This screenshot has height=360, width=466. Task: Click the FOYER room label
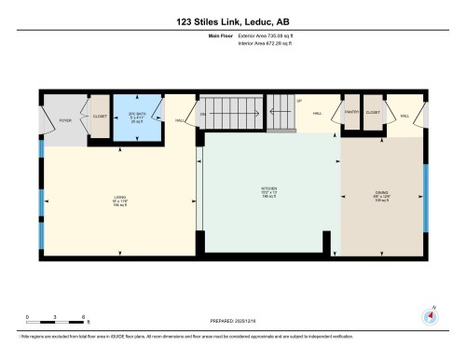pyautogui.click(x=65, y=121)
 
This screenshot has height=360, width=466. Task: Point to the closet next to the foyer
pyautogui.click(x=99, y=118)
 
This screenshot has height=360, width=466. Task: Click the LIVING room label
pyautogui.click(x=119, y=197)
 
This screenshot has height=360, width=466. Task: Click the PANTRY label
pyautogui.click(x=352, y=113)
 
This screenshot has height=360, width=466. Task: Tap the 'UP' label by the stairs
pyautogui.click(x=299, y=101)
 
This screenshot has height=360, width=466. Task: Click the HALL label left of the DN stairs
pyautogui.click(x=180, y=119)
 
